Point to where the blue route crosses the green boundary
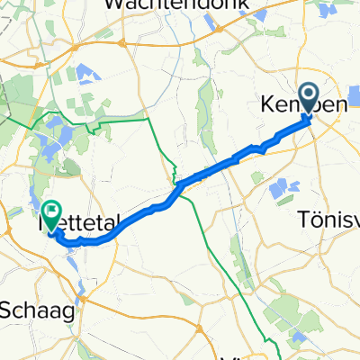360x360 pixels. (180, 186)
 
